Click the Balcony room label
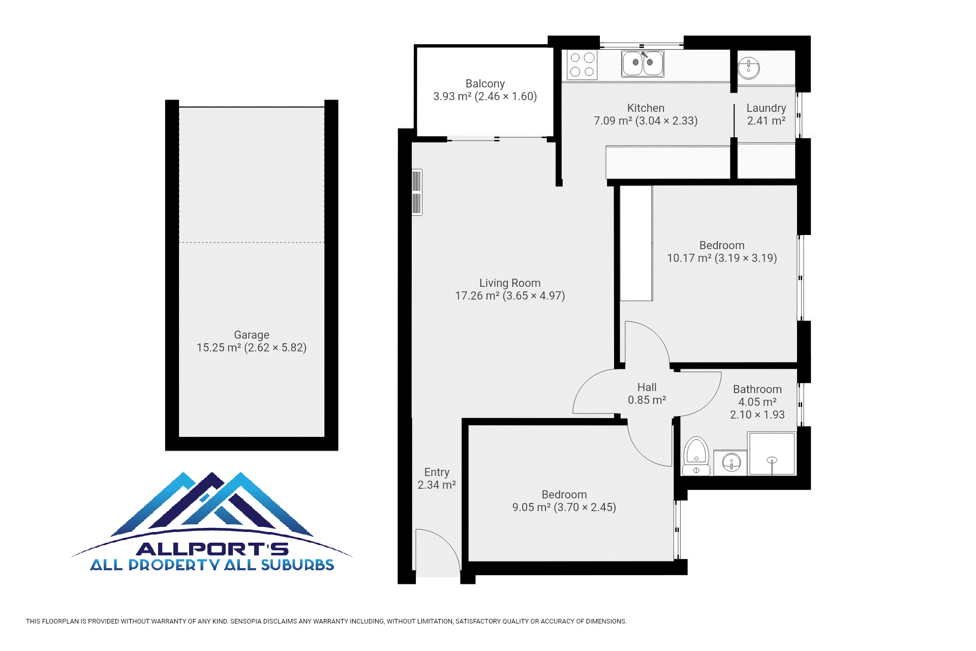click(x=485, y=83)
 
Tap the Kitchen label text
click(x=646, y=108)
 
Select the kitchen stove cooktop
click(x=582, y=65)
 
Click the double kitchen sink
click(x=643, y=64)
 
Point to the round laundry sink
click(x=748, y=68)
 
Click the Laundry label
click(x=766, y=108)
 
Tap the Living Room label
click(x=510, y=283)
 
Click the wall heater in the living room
click(x=417, y=192)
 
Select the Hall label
click(x=647, y=387)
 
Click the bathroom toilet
click(x=696, y=456)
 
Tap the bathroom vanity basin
click(x=731, y=463)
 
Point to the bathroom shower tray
click(x=772, y=454)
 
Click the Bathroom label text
click(x=757, y=389)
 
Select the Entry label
click(x=437, y=472)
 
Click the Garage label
click(x=252, y=335)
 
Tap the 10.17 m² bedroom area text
click(x=689, y=258)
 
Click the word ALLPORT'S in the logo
click(x=212, y=549)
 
